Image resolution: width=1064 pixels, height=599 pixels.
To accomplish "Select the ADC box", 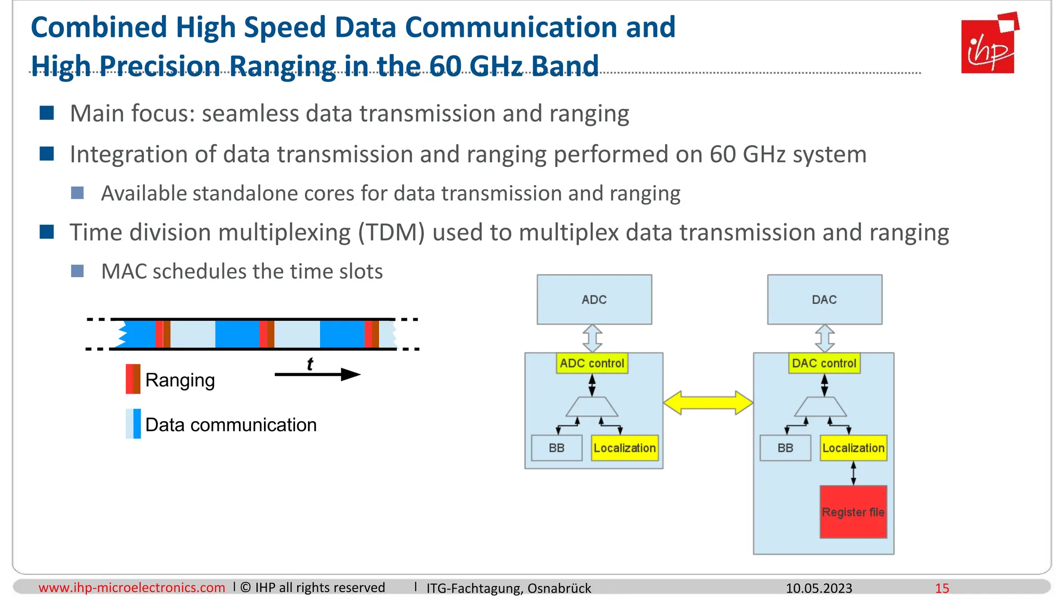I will [594, 299].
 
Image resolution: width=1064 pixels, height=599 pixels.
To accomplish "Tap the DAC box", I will [824, 299].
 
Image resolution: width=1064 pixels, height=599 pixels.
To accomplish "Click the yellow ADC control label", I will [592, 363].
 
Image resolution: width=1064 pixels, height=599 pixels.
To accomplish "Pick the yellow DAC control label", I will [824, 363].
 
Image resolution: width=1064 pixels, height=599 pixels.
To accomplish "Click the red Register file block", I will [853, 512].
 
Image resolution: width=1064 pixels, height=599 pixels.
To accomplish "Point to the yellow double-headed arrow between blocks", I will [708, 403].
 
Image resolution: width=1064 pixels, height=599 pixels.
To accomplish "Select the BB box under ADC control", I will [556, 448].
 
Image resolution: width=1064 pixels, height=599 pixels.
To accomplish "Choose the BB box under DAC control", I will [785, 448].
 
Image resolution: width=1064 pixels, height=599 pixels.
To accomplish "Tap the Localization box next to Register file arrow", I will [853, 448].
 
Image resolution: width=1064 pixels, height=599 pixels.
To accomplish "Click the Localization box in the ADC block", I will [624, 448].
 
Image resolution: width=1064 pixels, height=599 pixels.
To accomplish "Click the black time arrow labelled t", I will [317, 374].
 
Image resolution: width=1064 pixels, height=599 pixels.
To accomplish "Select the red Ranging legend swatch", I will [133, 379].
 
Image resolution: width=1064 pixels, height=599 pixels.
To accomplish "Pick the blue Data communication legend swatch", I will [133, 424].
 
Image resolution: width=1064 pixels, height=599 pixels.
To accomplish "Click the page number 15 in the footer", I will [941, 588].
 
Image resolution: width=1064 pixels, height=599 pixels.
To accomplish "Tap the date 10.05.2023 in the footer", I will [818, 588].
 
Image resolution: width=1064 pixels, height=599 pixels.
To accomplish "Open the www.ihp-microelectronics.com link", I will [131, 588].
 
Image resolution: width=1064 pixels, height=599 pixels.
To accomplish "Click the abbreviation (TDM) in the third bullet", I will [391, 232].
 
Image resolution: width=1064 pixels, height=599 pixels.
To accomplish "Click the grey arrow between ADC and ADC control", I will [592, 338].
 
